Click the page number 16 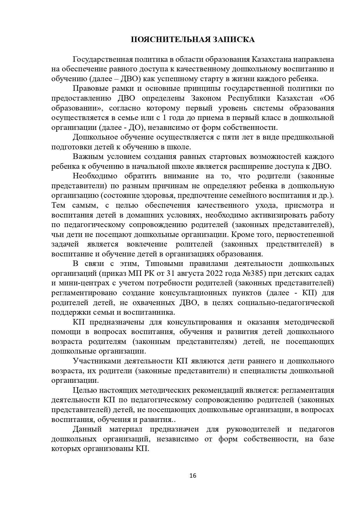193,476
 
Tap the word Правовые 91,89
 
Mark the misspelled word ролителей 194,244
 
